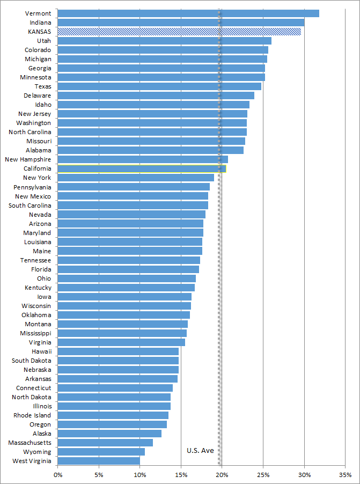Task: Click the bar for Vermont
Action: (x=188, y=13)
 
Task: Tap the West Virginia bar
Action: (x=98, y=461)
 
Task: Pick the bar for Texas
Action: (x=159, y=86)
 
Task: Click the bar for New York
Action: (x=135, y=178)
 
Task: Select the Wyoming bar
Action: (x=101, y=452)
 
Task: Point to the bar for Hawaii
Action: (x=117, y=351)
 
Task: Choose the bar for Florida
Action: (x=128, y=269)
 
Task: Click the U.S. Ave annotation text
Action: (x=200, y=450)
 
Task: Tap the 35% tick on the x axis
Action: (x=346, y=475)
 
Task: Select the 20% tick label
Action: (x=222, y=475)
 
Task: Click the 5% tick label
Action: (x=98, y=475)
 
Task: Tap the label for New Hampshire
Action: (x=28, y=159)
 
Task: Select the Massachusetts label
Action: (x=30, y=443)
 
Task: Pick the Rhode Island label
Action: (x=32, y=415)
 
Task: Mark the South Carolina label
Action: (x=30, y=206)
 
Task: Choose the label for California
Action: (x=38, y=168)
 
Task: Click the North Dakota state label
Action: (x=32, y=397)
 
